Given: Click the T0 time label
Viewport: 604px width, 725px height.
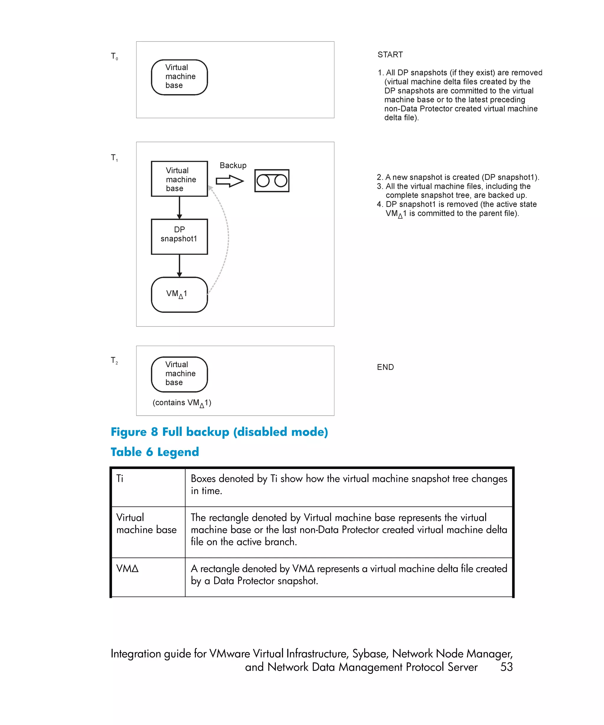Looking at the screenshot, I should pos(114,56).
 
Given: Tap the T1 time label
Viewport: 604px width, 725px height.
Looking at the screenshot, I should pos(114,158).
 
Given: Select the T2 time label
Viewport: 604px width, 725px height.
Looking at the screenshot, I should pos(114,360).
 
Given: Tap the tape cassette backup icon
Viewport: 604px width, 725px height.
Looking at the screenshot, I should pos(272,181).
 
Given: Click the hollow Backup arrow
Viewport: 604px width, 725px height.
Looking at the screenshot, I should pos(229,181).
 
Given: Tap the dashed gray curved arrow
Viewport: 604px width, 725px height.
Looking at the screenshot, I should pos(227,238).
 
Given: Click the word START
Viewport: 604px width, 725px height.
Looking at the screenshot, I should pos(390,55).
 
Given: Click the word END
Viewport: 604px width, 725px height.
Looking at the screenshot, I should pos(385,367).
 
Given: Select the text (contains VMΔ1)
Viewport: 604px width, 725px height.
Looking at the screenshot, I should pos(182,403).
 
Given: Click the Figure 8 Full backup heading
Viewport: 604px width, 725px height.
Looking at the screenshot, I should pos(219,432).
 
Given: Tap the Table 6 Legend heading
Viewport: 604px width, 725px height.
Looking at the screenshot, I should pos(155,452).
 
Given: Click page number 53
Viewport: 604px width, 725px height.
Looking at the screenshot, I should pos(506,667).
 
